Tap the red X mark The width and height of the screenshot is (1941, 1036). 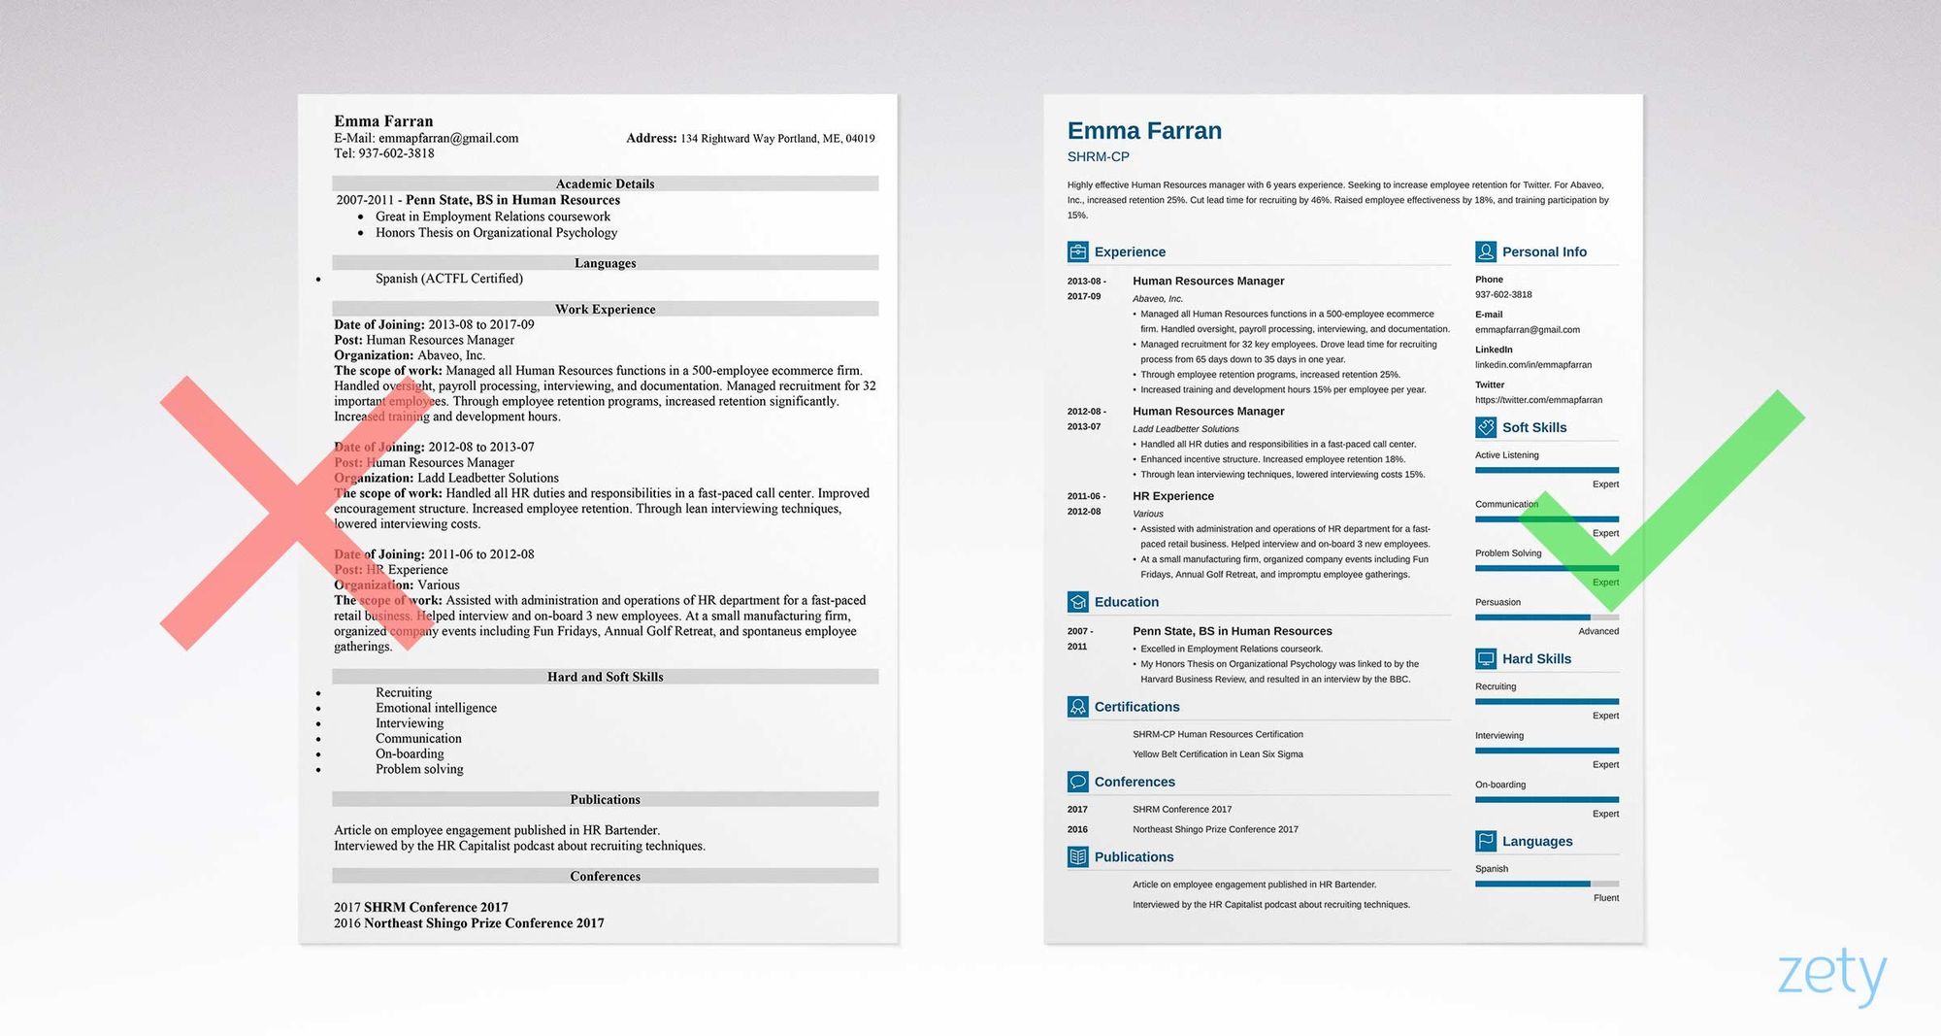[x=291, y=513]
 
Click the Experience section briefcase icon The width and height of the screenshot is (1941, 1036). [x=1077, y=252]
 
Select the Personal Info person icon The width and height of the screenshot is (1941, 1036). [x=1485, y=252]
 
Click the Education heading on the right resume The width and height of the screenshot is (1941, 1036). [x=1126, y=602]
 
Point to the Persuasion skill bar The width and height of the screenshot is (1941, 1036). [x=1546, y=618]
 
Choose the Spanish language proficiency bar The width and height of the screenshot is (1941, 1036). [x=1546, y=884]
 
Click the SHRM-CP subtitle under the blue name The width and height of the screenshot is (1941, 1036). [x=1098, y=156]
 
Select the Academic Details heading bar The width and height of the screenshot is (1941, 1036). [x=605, y=184]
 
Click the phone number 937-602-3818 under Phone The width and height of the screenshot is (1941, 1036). [x=1503, y=294]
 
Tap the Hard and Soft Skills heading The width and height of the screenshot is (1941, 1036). [x=605, y=677]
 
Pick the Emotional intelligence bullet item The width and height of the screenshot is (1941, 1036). [x=436, y=708]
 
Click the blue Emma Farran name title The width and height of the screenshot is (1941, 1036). [x=1144, y=131]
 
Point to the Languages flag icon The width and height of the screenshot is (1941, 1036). [x=1485, y=841]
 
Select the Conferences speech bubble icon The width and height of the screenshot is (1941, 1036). [x=1077, y=782]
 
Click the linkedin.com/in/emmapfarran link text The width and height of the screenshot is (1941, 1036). [x=1533, y=365]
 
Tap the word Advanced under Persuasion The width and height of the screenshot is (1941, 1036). [x=1598, y=631]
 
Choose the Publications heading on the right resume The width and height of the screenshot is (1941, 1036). [x=1134, y=856]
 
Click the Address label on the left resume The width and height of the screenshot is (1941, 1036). [x=651, y=138]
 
